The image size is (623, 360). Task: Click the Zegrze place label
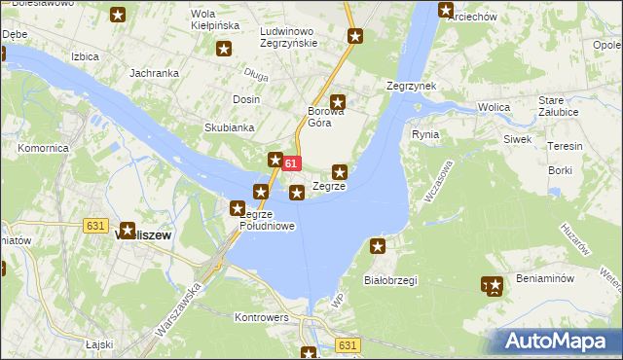click(329, 187)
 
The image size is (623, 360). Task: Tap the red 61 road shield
click(291, 164)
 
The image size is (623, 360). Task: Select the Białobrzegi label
click(389, 280)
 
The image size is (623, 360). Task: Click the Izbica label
click(85, 56)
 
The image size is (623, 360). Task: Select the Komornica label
click(42, 149)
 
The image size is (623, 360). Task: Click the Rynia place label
click(425, 134)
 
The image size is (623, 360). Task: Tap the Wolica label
click(494, 107)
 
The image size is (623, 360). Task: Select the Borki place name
click(561, 170)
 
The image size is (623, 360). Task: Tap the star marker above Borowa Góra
click(338, 101)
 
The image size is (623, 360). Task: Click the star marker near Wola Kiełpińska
click(224, 49)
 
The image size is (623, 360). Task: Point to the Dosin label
click(245, 100)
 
